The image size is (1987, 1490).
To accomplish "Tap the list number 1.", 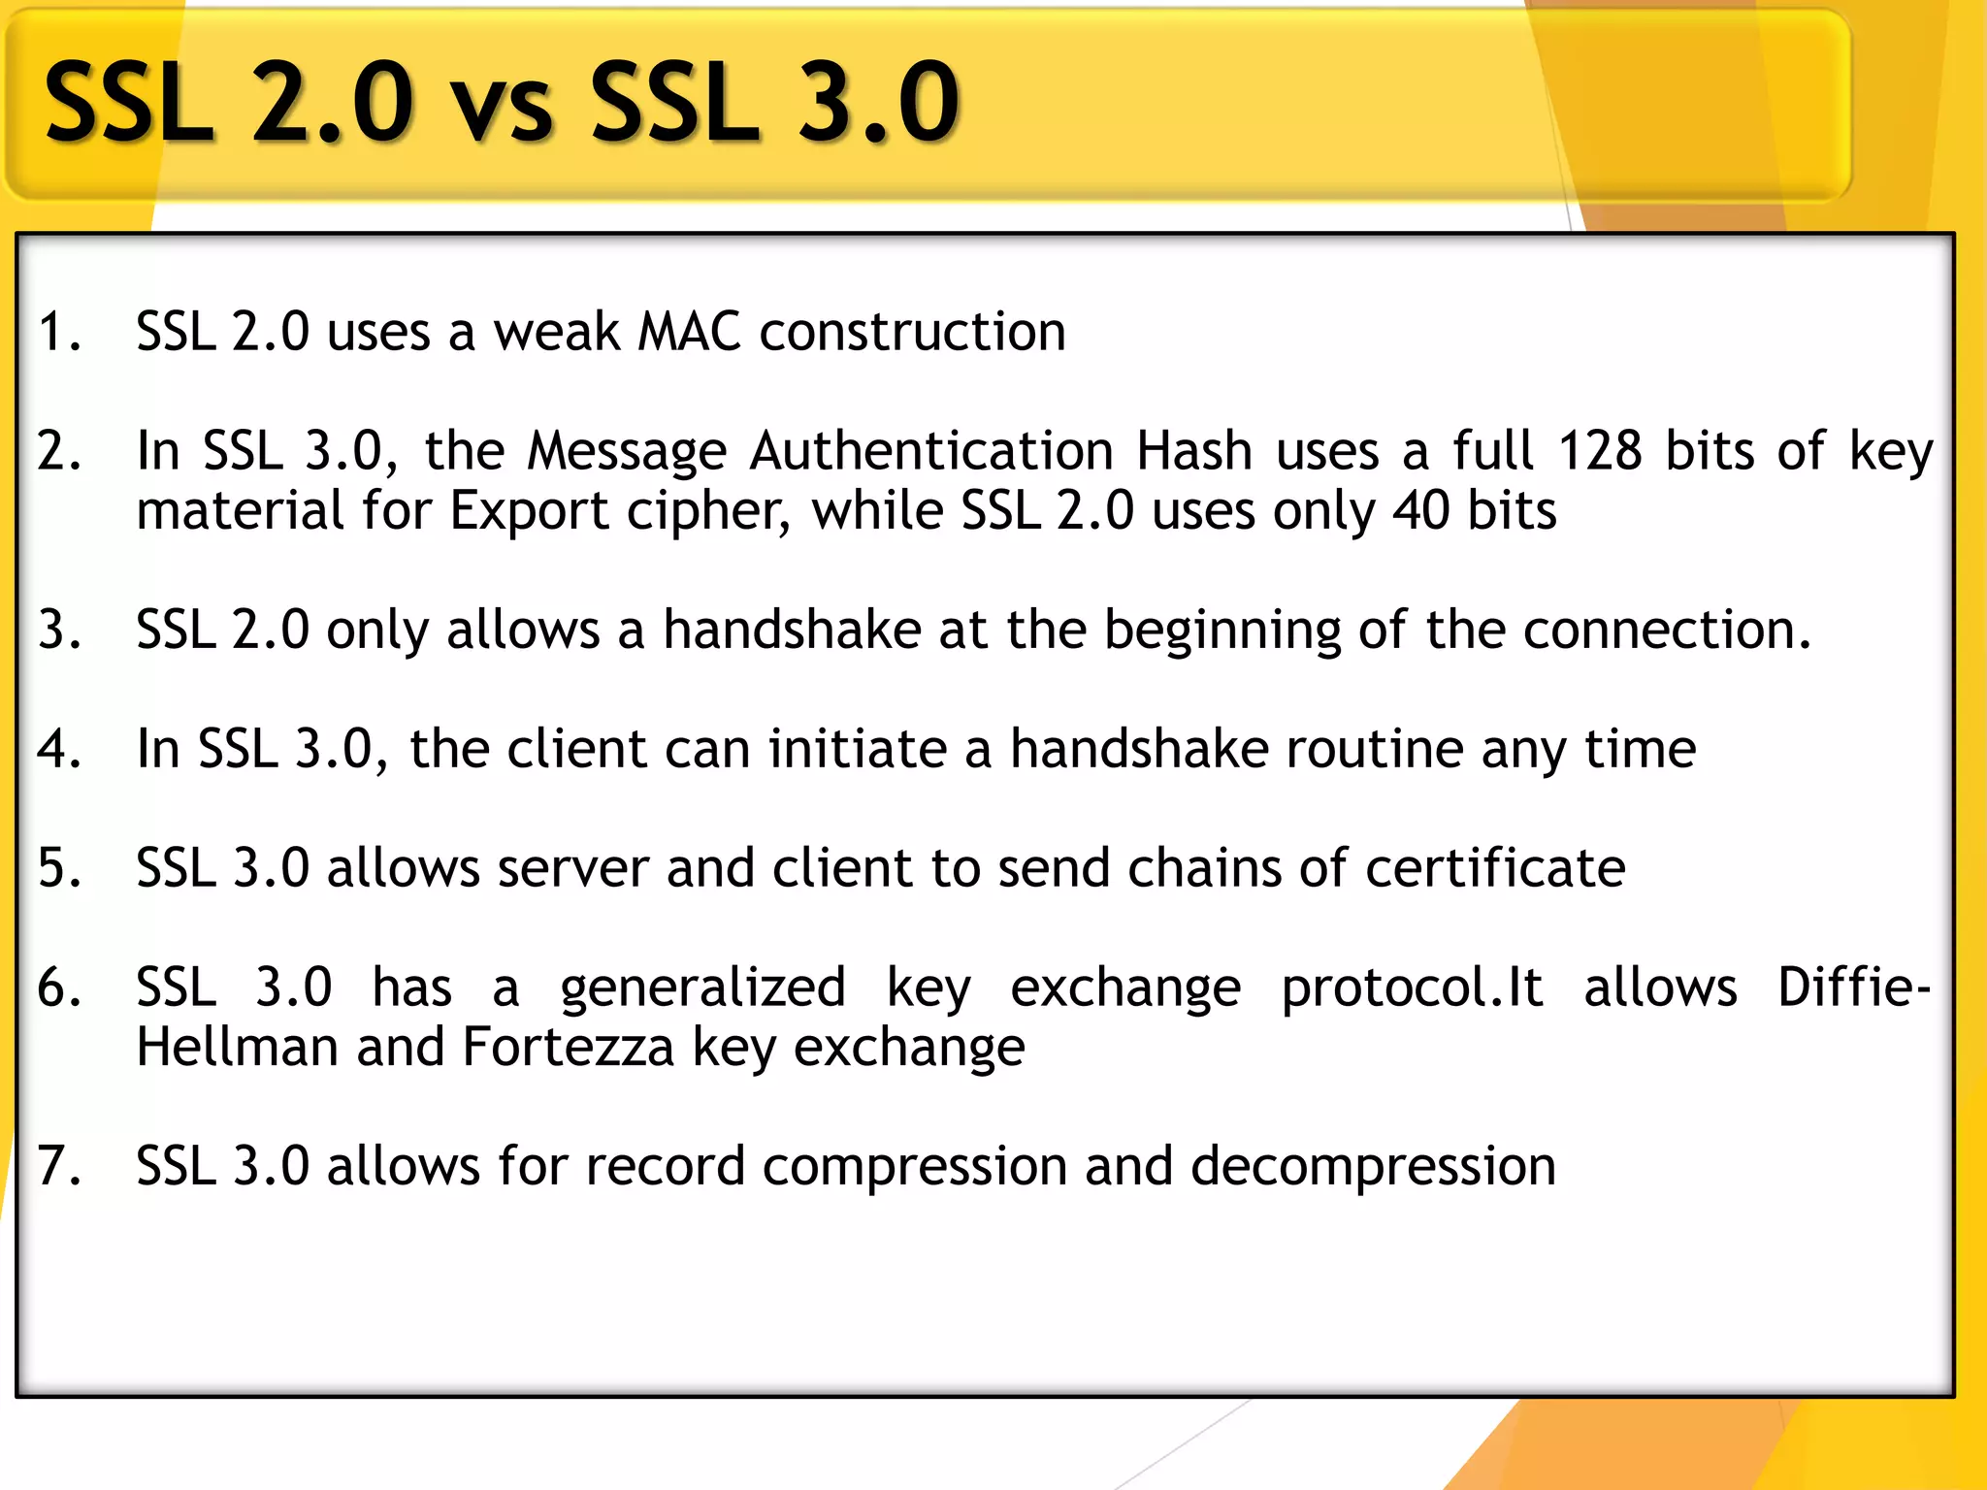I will tap(57, 332).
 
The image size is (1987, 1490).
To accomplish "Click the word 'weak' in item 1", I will tap(557, 332).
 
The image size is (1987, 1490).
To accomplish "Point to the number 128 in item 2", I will tap(1600, 451).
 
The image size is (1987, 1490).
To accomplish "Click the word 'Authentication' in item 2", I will tap(930, 451).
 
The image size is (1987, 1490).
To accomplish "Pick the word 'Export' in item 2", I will tap(529, 511).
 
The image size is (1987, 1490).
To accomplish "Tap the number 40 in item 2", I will tap(1420, 511).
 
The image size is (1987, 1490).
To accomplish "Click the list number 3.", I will tap(57, 630).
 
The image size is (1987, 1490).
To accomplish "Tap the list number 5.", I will tap(57, 868).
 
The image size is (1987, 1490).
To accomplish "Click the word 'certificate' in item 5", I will tap(1495, 868).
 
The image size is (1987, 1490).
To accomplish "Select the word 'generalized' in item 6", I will tap(702, 988).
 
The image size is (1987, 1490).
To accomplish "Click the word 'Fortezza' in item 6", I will tap(568, 1048).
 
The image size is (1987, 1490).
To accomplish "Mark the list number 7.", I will tap(57, 1166).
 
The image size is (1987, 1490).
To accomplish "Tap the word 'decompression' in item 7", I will tap(1373, 1167).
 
